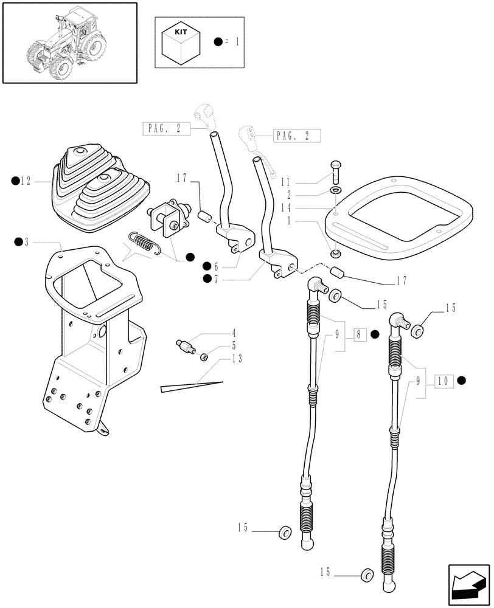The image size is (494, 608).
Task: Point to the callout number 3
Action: [x=26, y=242]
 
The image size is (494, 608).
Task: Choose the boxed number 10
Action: [x=443, y=381]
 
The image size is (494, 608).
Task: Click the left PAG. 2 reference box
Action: [x=166, y=128]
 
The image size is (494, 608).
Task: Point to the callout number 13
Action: [x=237, y=359]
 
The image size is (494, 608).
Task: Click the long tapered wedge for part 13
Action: [x=191, y=385]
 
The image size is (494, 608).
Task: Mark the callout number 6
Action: [x=217, y=266]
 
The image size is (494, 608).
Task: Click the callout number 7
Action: [x=217, y=279]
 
